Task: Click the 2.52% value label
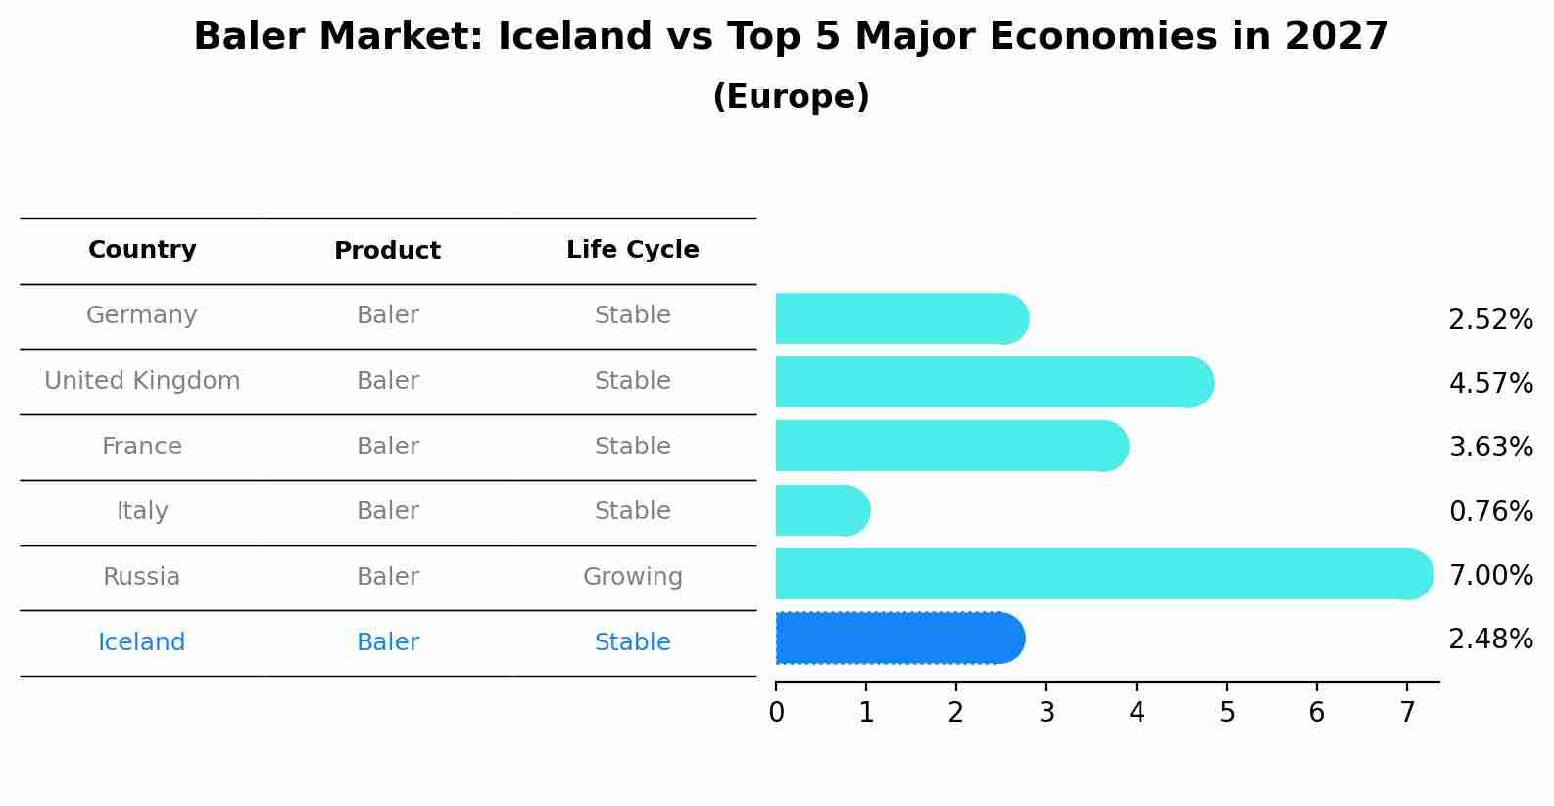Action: click(1489, 320)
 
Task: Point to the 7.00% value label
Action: click(1489, 575)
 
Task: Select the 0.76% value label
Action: click(1489, 511)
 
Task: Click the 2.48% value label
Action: click(1489, 640)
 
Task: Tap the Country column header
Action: click(142, 250)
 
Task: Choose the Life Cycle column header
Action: click(632, 250)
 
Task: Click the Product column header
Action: click(387, 251)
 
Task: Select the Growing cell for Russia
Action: click(632, 577)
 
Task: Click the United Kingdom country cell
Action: click(142, 381)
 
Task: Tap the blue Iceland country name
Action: click(141, 642)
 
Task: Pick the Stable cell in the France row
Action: click(632, 447)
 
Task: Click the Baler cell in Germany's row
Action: click(387, 315)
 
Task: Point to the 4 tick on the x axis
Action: click(1137, 712)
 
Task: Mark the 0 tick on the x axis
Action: click(776, 712)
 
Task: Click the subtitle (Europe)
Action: click(791, 97)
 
